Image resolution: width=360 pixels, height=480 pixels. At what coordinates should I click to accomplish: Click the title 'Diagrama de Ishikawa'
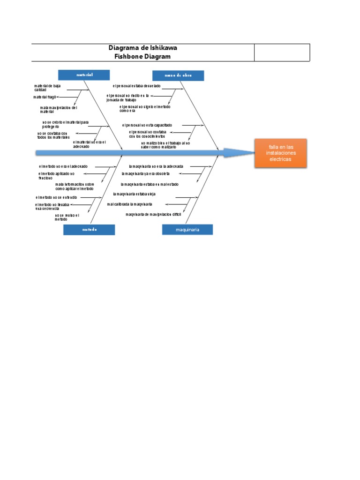pyautogui.click(x=142, y=48)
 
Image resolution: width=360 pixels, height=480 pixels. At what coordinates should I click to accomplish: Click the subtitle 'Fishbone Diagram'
pyautogui.click(x=142, y=57)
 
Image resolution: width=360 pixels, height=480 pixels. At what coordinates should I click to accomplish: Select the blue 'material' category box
pyautogui.click(x=84, y=75)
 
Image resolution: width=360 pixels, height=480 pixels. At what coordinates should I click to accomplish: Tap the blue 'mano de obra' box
pyautogui.click(x=178, y=75)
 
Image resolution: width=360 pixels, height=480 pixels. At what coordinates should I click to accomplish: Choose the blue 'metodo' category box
pyautogui.click(x=89, y=229)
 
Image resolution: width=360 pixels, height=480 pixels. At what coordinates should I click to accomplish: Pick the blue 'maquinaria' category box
pyautogui.click(x=187, y=229)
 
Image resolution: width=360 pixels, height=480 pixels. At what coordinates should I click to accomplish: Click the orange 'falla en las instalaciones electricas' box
pyautogui.click(x=280, y=153)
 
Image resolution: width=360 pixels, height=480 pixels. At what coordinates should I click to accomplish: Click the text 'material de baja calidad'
pyautogui.click(x=47, y=88)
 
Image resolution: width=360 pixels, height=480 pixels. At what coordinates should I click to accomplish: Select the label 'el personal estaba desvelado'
pyautogui.click(x=136, y=86)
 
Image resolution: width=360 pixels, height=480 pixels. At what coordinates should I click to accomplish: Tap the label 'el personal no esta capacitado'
pyautogui.click(x=147, y=125)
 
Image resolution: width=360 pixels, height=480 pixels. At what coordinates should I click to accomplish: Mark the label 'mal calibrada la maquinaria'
pyautogui.click(x=130, y=204)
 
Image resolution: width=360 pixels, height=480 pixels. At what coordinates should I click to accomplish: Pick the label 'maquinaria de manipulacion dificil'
pyautogui.click(x=153, y=214)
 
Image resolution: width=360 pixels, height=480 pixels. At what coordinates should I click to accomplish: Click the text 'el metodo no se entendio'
pyautogui.click(x=56, y=198)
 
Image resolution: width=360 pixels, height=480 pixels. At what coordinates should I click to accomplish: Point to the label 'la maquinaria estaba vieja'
pyautogui.click(x=134, y=194)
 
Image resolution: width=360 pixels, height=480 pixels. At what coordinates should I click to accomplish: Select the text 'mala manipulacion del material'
pyautogui.click(x=58, y=110)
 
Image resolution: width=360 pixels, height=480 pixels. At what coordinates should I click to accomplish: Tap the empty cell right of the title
pyautogui.click(x=282, y=52)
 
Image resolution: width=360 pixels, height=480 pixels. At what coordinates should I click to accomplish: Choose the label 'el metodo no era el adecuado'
pyautogui.click(x=63, y=166)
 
